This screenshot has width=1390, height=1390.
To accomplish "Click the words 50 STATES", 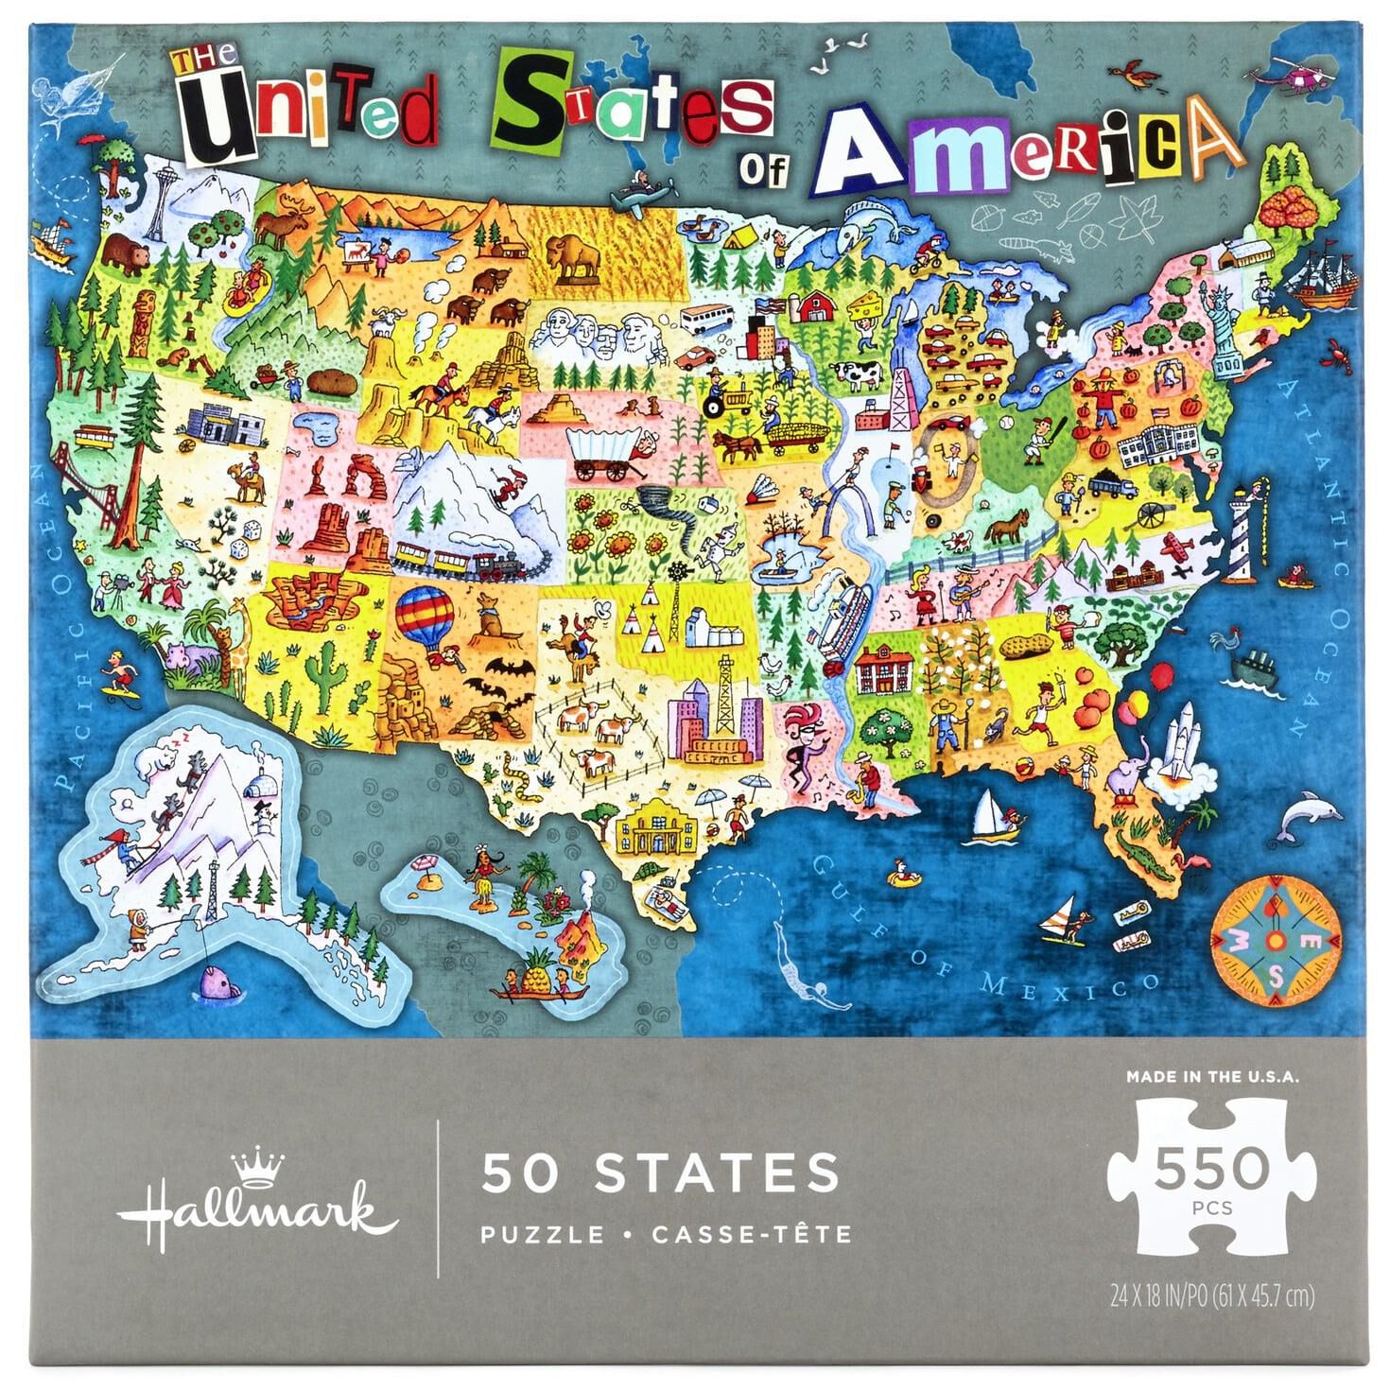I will click(660, 1171).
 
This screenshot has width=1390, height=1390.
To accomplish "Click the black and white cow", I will click(859, 374).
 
